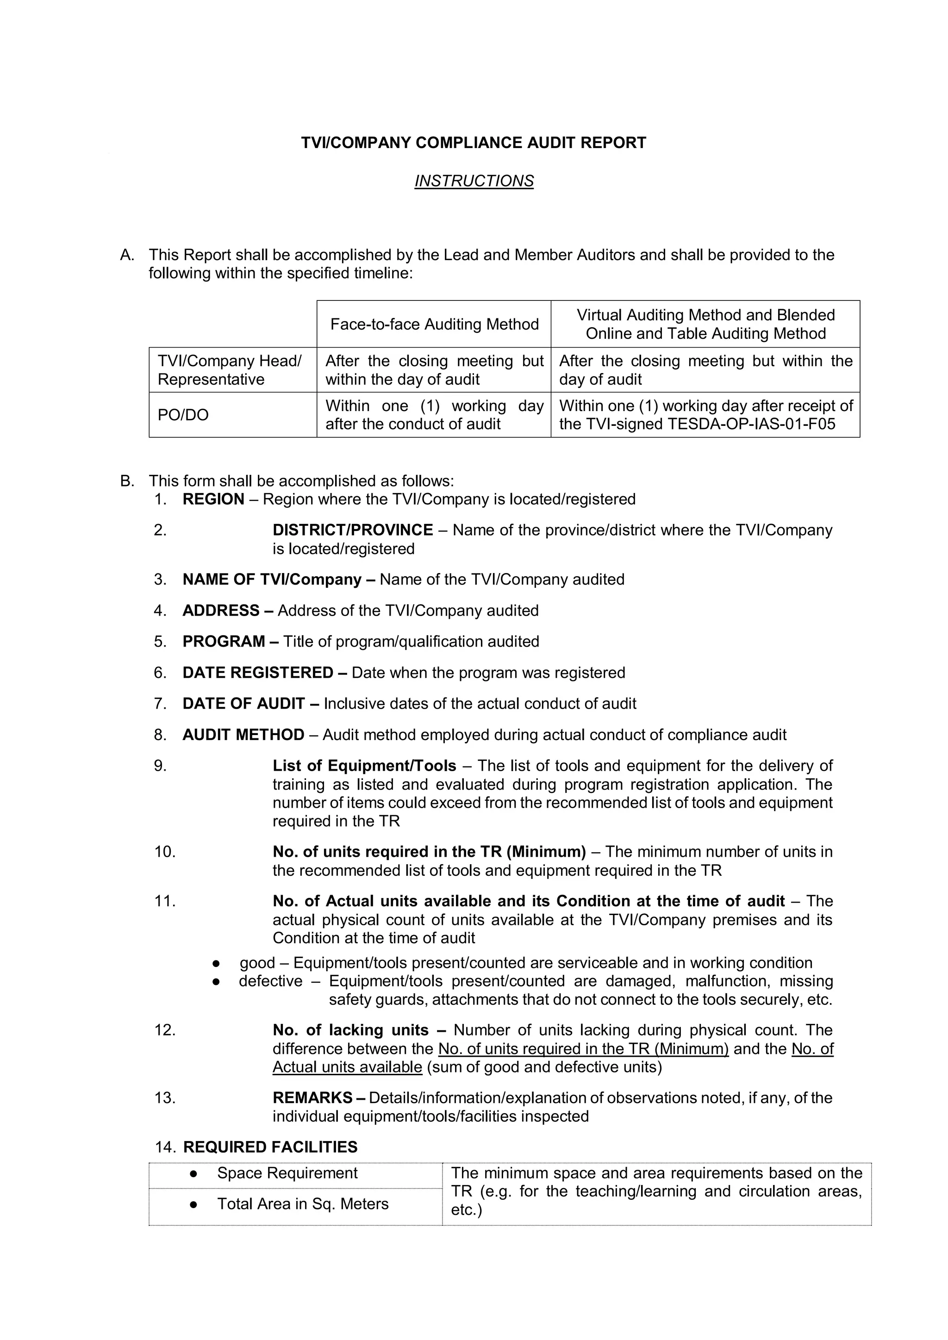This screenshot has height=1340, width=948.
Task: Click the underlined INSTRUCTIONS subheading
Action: pyautogui.click(x=474, y=181)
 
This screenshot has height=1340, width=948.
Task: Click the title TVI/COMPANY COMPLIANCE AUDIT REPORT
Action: pyautogui.click(x=474, y=143)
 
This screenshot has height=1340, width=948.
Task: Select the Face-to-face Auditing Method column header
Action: pyautogui.click(x=434, y=324)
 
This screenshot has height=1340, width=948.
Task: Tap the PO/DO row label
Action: pyautogui.click(x=183, y=415)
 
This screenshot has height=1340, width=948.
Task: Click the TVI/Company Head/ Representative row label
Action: pyautogui.click(x=230, y=370)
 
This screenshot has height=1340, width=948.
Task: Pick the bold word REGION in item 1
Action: pyautogui.click(x=213, y=499)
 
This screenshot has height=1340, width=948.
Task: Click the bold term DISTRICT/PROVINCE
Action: pyautogui.click(x=353, y=530)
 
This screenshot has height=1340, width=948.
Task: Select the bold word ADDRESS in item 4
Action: pyautogui.click(x=221, y=611)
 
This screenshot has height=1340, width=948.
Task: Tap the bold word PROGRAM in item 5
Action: pyautogui.click(x=224, y=642)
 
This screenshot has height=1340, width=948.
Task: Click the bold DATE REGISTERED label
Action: pyautogui.click(x=257, y=673)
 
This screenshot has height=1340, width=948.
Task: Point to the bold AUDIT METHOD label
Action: pyautogui.click(x=243, y=735)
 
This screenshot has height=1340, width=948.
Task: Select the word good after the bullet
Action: pyautogui.click(x=257, y=963)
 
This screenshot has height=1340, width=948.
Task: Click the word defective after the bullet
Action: pyautogui.click(x=270, y=982)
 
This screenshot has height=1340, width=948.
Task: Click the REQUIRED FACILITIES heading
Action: pyautogui.click(x=270, y=1147)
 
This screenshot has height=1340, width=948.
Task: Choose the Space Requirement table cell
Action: pyautogui.click(x=287, y=1174)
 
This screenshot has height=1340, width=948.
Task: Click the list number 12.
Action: pyautogui.click(x=165, y=1030)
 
